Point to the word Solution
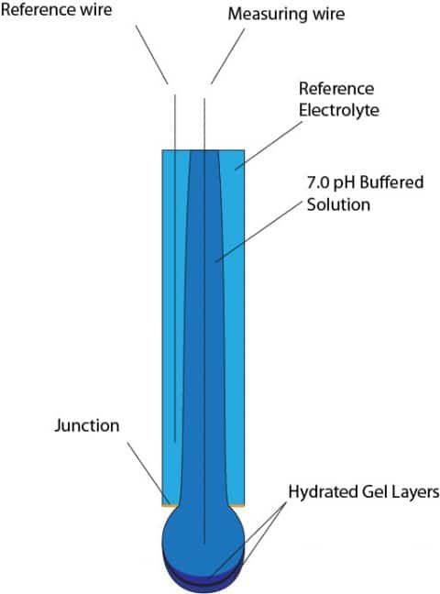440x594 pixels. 338,204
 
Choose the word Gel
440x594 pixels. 377,492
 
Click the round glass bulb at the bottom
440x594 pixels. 203,537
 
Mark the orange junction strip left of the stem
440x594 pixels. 168,504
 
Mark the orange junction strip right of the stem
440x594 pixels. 238,504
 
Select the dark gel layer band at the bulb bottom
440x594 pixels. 203,577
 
